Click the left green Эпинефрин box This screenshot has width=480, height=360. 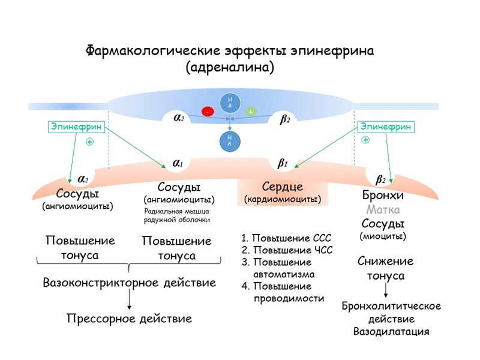click(76, 127)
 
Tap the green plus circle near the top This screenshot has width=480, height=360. click(251, 112)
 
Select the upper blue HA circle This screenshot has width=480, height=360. click(229, 103)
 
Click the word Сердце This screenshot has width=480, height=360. click(283, 187)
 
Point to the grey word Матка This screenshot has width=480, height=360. click(383, 210)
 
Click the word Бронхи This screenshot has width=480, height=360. click(383, 196)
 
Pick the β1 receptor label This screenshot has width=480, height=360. click(283, 163)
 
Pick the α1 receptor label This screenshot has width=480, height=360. click(178, 163)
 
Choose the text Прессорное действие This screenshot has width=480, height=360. click(129, 319)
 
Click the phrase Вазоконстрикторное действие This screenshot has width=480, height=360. click(129, 282)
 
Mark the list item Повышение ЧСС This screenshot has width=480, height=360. click(287, 250)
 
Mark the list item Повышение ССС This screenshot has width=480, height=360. click(286, 238)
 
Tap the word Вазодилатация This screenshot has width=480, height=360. click(391, 331)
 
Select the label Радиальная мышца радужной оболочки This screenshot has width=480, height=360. click(177, 215)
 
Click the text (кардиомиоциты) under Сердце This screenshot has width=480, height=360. click(283, 199)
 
